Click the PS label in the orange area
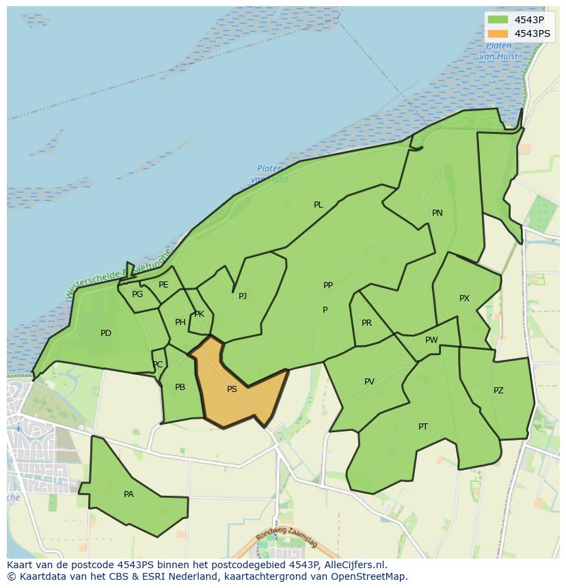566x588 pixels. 232,389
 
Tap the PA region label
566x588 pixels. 129,494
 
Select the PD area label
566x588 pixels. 106,333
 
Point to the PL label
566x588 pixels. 319,205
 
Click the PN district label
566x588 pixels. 437,213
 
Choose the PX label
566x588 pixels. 464,298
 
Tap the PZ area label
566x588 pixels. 498,391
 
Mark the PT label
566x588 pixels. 423,427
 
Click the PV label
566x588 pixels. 369,382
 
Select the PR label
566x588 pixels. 366,323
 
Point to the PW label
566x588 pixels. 431,340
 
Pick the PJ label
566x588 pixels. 243,296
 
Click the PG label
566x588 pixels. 137,294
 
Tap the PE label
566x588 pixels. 163,285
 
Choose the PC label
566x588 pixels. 158,365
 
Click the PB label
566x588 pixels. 180,387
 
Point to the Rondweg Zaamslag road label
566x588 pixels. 287,540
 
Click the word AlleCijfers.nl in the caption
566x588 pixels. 355,565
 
